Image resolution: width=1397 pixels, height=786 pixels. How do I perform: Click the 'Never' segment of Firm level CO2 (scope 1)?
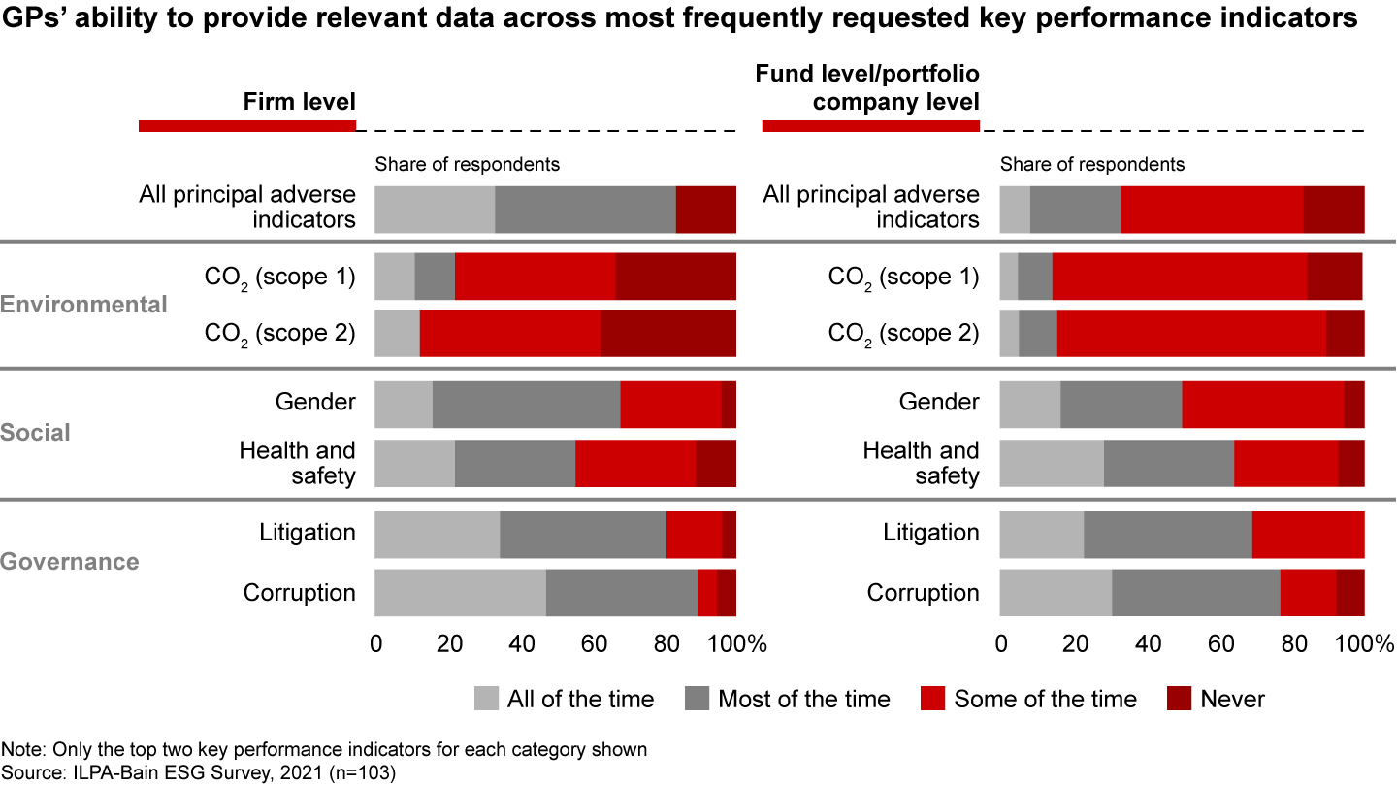(x=675, y=277)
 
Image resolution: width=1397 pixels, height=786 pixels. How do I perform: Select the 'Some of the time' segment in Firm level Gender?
(x=670, y=404)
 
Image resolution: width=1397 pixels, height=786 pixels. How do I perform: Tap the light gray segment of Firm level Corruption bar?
(x=460, y=593)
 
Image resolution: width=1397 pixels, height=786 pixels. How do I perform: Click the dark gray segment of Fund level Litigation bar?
(x=1167, y=534)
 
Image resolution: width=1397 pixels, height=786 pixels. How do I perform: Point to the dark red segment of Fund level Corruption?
(x=1350, y=593)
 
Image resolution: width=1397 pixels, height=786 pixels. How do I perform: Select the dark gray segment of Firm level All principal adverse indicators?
(x=585, y=210)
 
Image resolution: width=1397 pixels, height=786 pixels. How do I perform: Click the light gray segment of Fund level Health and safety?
(x=1052, y=464)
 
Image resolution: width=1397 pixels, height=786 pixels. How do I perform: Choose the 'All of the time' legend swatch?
(x=486, y=699)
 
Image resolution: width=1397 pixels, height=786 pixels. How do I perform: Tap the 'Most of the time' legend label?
(x=804, y=699)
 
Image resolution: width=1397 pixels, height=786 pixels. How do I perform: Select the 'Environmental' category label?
(x=83, y=305)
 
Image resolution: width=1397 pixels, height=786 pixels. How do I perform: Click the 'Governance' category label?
(x=70, y=562)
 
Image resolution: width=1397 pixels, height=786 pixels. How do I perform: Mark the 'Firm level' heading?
(x=299, y=101)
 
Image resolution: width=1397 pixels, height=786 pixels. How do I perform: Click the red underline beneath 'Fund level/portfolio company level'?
(x=870, y=126)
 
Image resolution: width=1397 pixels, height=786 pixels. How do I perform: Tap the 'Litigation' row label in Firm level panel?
(x=308, y=533)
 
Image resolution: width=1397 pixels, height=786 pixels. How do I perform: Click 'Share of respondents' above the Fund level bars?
(x=1092, y=164)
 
